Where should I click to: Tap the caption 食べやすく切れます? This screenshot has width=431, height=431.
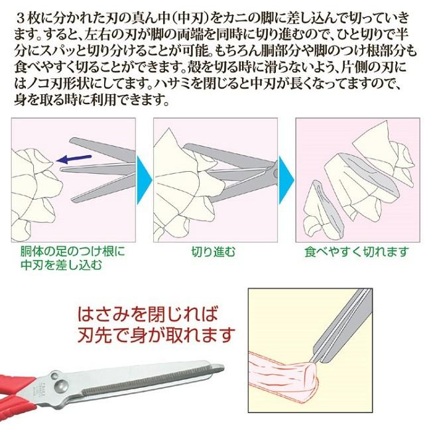click(357, 252)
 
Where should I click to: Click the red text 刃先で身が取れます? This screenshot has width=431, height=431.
click(156, 336)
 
